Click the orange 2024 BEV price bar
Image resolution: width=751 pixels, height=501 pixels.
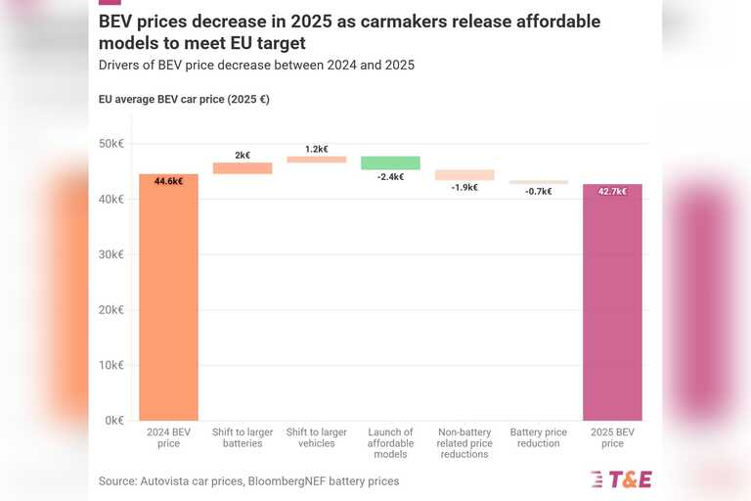(x=168, y=297)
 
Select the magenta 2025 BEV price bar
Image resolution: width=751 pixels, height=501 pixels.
(x=612, y=302)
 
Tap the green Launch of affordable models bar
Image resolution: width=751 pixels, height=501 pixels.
(x=390, y=162)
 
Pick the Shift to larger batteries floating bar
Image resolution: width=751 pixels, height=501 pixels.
(x=243, y=168)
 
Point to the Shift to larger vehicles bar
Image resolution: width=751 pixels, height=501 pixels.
(x=316, y=159)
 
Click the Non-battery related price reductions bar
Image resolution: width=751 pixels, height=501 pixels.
(x=464, y=175)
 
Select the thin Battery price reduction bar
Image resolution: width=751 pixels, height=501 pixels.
(x=538, y=182)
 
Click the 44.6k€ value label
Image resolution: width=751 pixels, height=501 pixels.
(x=168, y=181)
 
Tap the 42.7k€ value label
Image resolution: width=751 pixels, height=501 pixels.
(x=612, y=191)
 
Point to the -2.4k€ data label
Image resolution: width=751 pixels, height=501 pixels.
(x=390, y=177)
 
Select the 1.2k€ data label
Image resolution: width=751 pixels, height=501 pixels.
(x=316, y=149)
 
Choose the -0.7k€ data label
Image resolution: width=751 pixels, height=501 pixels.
(x=538, y=191)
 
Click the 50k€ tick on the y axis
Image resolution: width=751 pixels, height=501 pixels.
(x=110, y=144)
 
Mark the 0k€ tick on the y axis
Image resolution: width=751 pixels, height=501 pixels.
(x=113, y=421)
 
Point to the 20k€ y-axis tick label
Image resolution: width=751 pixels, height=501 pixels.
(x=110, y=310)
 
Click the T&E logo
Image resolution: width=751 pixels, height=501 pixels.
(x=621, y=478)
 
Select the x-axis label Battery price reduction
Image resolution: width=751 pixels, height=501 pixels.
(x=538, y=437)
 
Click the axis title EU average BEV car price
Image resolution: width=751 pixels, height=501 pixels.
(x=184, y=99)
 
